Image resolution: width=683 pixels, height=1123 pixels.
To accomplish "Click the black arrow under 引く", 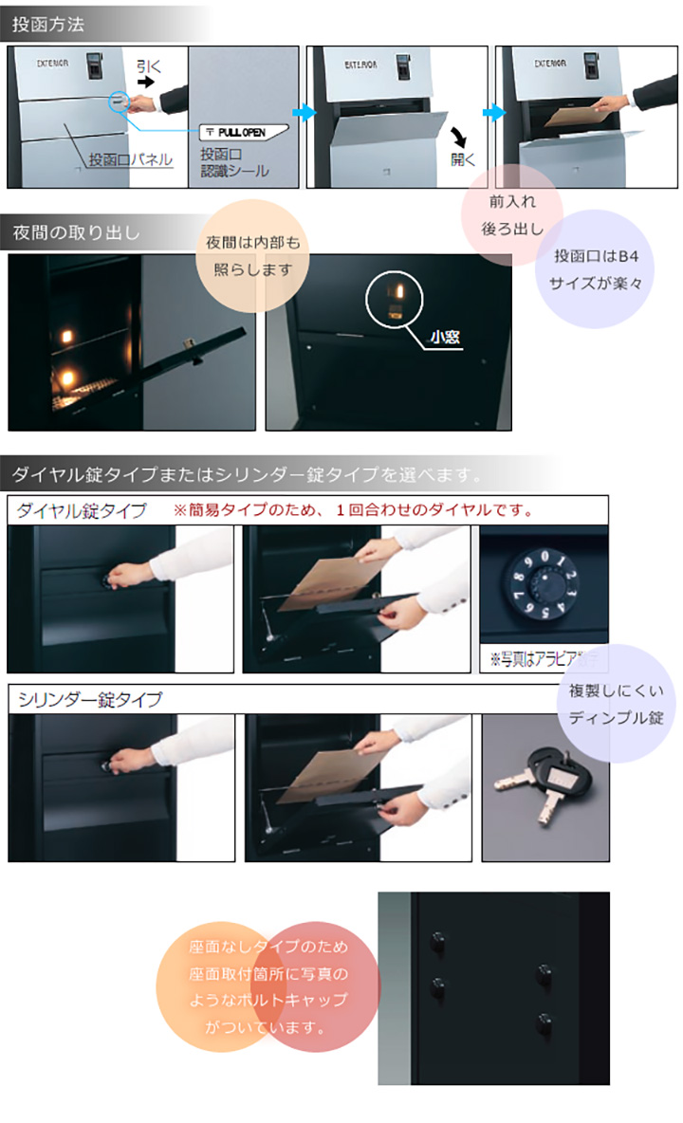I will tap(145, 83).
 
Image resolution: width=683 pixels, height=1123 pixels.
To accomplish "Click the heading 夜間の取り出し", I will tap(77, 231).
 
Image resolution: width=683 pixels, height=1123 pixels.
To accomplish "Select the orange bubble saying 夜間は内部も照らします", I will tap(252, 256).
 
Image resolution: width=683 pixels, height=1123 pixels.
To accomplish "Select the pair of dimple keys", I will tap(542, 782).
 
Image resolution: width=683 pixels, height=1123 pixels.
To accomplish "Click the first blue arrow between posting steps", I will tap(304, 113).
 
